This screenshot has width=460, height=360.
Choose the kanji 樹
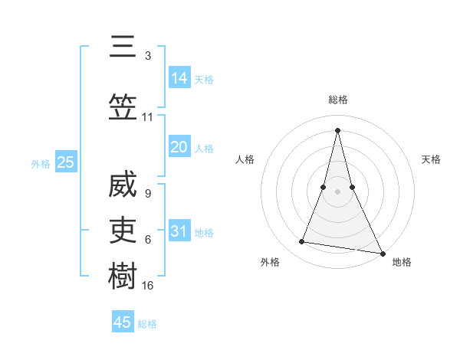pyautogui.click(x=123, y=274)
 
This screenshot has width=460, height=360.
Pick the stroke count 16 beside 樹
pyautogui.click(x=148, y=285)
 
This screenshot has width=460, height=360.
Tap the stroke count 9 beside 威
pyautogui.click(x=147, y=194)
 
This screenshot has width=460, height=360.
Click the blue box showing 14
pyautogui.click(x=179, y=78)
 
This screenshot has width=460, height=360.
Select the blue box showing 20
pyautogui.click(x=179, y=147)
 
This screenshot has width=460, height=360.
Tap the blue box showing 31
pyautogui.click(x=179, y=231)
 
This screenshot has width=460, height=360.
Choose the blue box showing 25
pyautogui.click(x=65, y=162)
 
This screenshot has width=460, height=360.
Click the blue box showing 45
pyautogui.click(x=123, y=322)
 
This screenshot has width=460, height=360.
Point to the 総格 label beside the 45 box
pyautogui.click(x=148, y=324)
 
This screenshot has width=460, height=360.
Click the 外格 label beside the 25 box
pyautogui.click(x=41, y=164)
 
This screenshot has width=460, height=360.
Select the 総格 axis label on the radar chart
pyautogui.click(x=337, y=100)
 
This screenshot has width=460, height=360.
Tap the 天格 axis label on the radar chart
pyautogui.click(x=431, y=159)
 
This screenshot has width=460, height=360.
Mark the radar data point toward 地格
pyautogui.click(x=383, y=252)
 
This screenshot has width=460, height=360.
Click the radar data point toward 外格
pyautogui.click(x=301, y=242)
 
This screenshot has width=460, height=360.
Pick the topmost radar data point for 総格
pyautogui.click(x=337, y=129)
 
